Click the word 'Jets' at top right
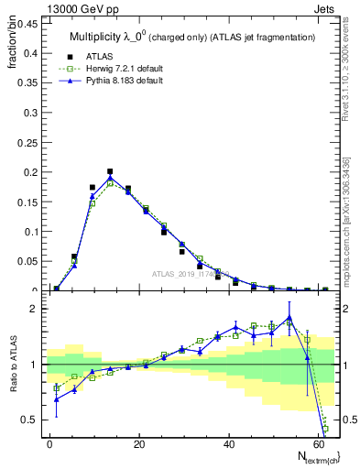pos(325,8)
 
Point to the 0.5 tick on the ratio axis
pos(27,420)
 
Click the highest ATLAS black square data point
pos(110,171)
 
